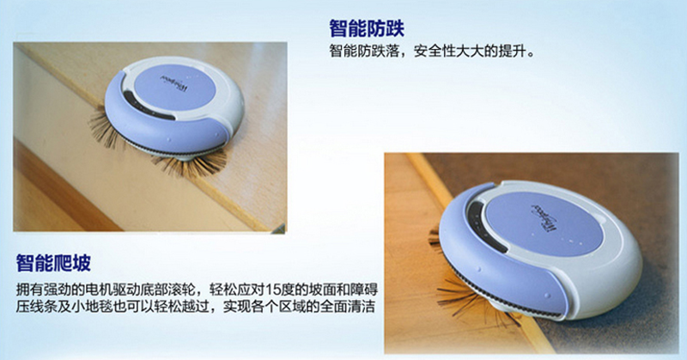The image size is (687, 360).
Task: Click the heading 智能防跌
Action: (x=367, y=29)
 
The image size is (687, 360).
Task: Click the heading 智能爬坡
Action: (x=53, y=263)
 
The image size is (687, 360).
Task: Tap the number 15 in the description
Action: (x=272, y=290)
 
